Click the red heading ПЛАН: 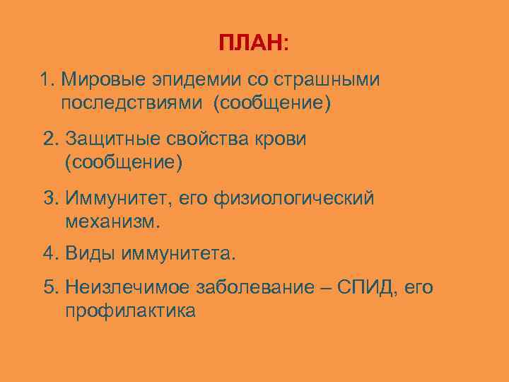pos(253,43)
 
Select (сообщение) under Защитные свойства pos(123,163)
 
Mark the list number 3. pos(49,199)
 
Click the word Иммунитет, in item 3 pos(116,199)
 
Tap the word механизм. pos(113,222)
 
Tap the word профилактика pos(130,311)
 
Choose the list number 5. pos(49,287)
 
